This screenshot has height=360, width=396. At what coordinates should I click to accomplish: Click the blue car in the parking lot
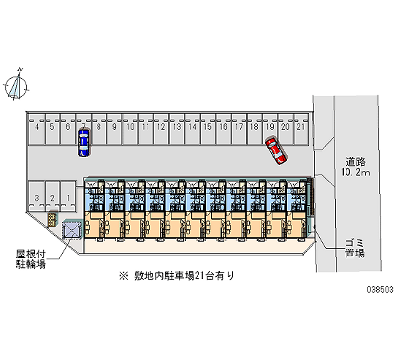point(84,143)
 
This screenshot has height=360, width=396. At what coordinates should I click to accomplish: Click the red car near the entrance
point(276,151)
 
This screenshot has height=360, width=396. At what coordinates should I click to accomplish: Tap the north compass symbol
point(16,85)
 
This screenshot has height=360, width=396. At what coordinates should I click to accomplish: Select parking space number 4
point(37,129)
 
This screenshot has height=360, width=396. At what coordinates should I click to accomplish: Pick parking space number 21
point(301,129)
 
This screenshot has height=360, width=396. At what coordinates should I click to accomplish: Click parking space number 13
point(177,129)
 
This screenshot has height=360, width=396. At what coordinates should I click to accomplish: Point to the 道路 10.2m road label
point(355,167)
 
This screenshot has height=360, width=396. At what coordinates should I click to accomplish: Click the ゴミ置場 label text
point(355,249)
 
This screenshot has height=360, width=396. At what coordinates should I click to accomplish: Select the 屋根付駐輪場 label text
point(31,259)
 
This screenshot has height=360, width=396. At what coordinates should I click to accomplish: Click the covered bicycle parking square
point(72,229)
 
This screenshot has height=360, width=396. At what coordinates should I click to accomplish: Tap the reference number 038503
point(380,289)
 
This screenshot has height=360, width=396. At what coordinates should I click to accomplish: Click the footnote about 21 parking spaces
point(177,276)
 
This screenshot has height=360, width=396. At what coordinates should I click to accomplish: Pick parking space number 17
point(239,129)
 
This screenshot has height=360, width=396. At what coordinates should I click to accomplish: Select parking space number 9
point(115,129)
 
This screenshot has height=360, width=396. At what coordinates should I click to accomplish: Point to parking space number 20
point(286,129)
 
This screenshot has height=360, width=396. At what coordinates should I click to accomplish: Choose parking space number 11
point(146,129)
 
